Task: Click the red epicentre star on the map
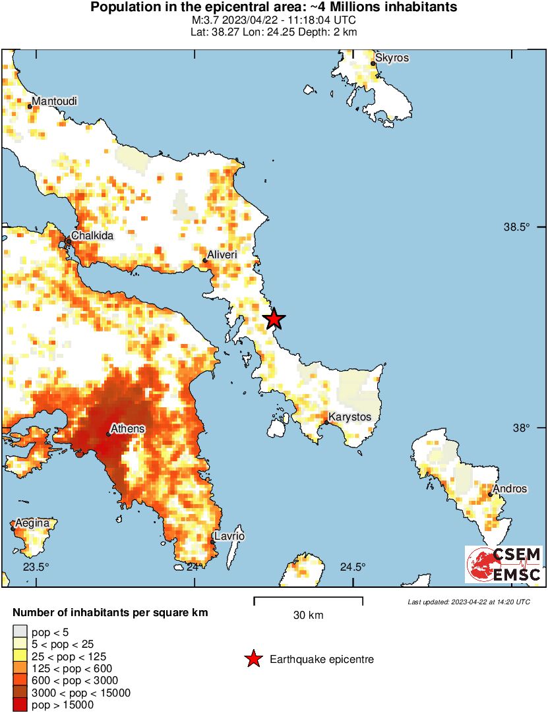click(274, 319)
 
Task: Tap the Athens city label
click(127, 429)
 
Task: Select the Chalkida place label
click(92, 235)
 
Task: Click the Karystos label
click(350, 417)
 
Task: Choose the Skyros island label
click(392, 58)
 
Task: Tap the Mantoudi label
click(55, 101)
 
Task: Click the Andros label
click(510, 488)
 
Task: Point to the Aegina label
click(33, 523)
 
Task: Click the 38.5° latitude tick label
click(516, 227)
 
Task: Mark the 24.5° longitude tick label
click(353, 567)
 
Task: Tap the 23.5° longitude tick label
click(36, 567)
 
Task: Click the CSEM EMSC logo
click(504, 564)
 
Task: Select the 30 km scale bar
click(308, 601)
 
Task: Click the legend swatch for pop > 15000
click(20, 705)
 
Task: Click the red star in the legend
click(253, 659)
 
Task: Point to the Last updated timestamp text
click(468, 602)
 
